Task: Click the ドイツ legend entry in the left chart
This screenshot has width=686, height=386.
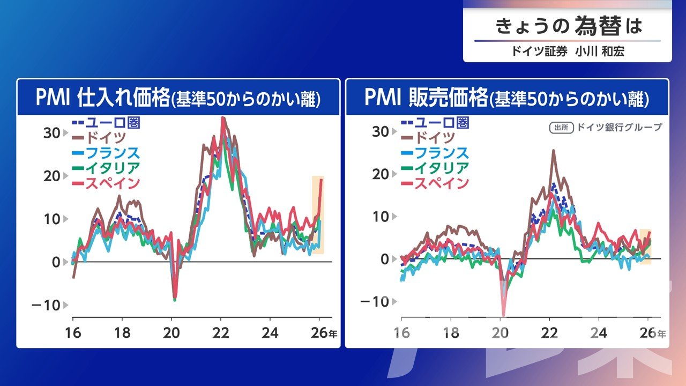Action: (x=105, y=138)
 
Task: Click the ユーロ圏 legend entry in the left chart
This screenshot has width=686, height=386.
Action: (x=105, y=123)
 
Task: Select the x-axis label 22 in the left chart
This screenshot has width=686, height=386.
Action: (x=221, y=332)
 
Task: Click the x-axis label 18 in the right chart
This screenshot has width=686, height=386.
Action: (x=451, y=333)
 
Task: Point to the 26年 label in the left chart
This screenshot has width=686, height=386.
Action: (x=324, y=332)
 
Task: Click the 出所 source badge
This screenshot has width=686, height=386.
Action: (x=561, y=128)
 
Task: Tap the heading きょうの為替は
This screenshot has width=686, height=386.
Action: (x=568, y=26)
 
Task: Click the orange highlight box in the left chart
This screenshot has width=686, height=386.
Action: (x=318, y=214)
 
